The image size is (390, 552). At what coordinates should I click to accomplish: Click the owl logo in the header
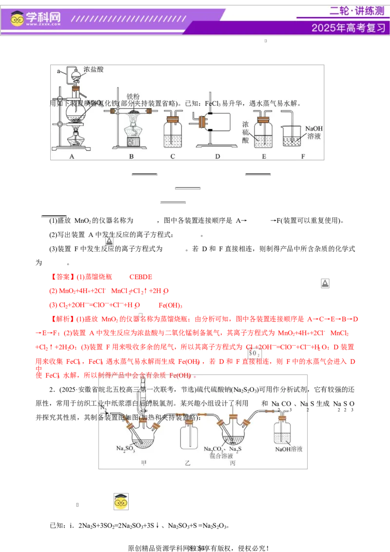[x=17, y=19]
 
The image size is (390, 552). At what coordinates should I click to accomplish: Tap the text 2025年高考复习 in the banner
[x=348, y=28]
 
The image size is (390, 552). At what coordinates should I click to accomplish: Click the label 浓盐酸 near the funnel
[x=94, y=70]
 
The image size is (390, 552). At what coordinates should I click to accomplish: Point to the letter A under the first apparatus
[x=72, y=157]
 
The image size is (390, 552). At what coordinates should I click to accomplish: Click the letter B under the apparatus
[x=131, y=157]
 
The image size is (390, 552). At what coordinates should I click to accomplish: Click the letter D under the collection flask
[x=217, y=157]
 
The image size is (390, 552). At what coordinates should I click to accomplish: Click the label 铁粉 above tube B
[x=133, y=97]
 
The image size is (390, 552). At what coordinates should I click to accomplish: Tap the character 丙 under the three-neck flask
[x=233, y=463]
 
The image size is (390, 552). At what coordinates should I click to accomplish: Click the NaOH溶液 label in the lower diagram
[x=289, y=449]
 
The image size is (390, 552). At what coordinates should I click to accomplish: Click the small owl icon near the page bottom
[x=121, y=501]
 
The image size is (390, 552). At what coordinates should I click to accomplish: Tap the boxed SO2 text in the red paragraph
[x=254, y=353]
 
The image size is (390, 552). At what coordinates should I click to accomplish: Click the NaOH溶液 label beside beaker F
[x=314, y=133]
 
